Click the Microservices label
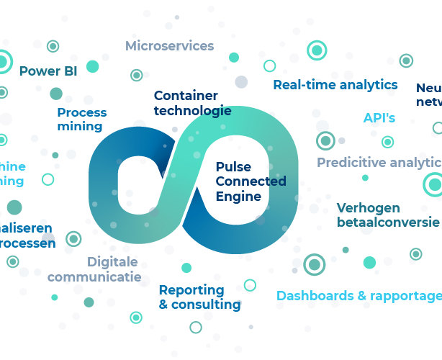coord(169,46)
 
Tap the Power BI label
coord(48,71)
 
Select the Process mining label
coord(81,119)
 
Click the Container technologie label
coord(192,103)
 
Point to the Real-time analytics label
coord(335,84)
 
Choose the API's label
coord(379,118)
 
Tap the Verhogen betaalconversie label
coord(387,215)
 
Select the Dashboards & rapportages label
coord(358,295)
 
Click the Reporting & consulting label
coord(199,297)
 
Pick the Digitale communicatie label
coord(94,269)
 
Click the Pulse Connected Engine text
coord(251,181)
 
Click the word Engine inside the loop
coord(238,196)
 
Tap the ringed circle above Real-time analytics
coord(317,50)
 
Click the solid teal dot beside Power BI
coord(92,66)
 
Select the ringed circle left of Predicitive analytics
coord(325,140)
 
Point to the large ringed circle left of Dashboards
coord(314,265)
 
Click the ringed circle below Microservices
coord(136,75)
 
